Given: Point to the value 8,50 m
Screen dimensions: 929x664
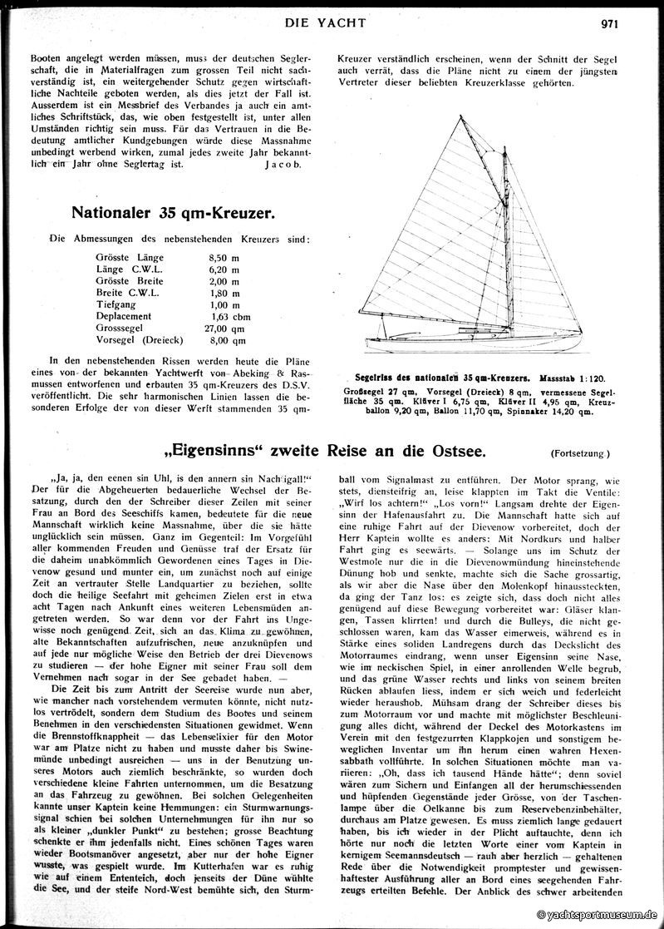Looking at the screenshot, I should click(x=223, y=258).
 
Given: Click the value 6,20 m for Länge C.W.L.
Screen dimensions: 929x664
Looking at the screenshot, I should click(x=223, y=269).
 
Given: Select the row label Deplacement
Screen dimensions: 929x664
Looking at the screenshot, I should click(x=123, y=316).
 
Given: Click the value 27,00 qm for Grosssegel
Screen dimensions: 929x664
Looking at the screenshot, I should click(x=228, y=328).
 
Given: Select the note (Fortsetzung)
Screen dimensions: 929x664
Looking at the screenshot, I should click(x=580, y=453).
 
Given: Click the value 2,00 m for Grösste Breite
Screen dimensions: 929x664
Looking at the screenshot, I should click(x=223, y=281).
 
